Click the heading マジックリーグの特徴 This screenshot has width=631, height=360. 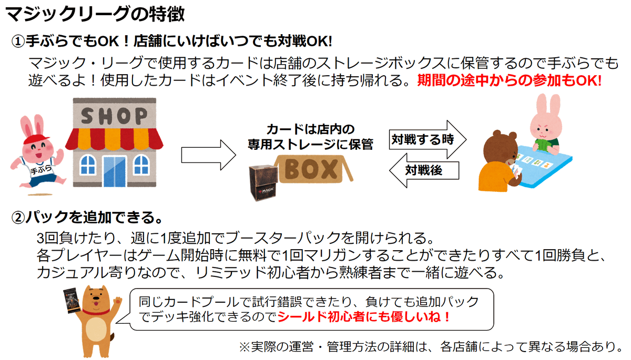pyautogui.click(x=95, y=14)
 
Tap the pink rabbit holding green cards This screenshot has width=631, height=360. pyautogui.click(x=547, y=126)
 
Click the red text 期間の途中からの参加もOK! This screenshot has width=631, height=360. pyautogui.click(x=508, y=81)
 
